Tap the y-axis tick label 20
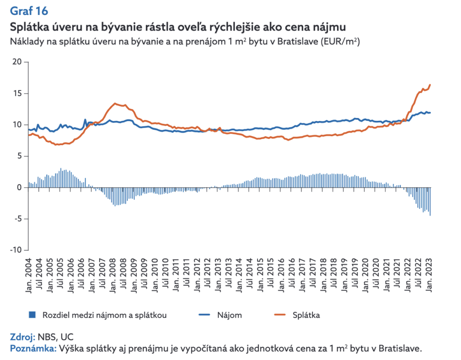pos(17,62)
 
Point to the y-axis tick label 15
pos(17,93)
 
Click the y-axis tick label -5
pos(17,219)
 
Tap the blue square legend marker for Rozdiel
pos(32,314)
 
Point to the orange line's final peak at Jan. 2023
pos(430,85)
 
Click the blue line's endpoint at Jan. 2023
pos(430,113)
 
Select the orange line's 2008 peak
pos(116,104)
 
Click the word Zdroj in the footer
pos(21,337)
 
